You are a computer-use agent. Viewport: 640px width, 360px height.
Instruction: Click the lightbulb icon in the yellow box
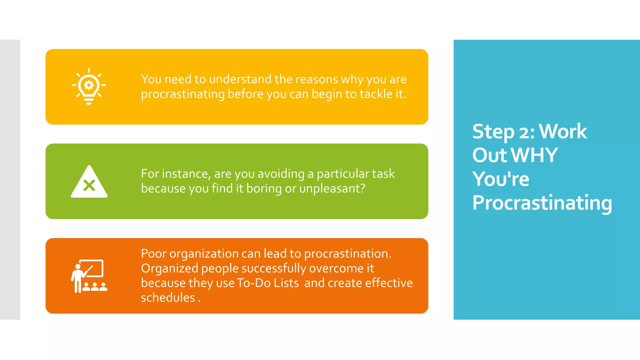coord(89,87)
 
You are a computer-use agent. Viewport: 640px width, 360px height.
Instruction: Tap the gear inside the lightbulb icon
coord(89,85)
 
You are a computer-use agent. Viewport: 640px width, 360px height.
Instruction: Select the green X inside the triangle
coord(89,186)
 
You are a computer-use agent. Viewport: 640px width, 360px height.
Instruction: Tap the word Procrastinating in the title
coord(542,203)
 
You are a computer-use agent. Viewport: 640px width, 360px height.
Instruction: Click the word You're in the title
coord(501,179)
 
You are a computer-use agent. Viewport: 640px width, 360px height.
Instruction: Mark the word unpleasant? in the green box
coord(332,188)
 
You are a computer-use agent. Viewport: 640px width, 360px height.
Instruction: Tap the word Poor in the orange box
coord(153,253)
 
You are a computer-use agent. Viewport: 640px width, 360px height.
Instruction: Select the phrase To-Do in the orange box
coord(253,283)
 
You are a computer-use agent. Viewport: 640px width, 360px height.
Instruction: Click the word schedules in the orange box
coord(168,297)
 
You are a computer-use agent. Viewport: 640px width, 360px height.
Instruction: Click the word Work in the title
coord(562,132)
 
